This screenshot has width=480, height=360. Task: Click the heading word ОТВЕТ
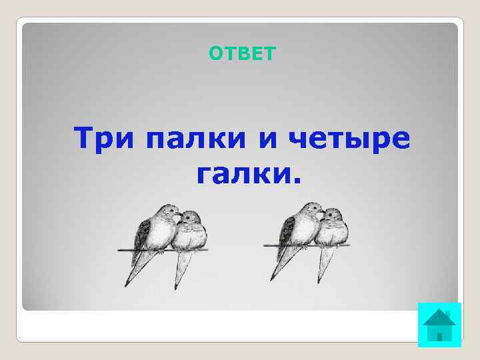pyautogui.click(x=241, y=53)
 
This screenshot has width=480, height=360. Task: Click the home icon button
pyautogui.click(x=439, y=325)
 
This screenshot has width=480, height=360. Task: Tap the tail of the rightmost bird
pyautogui.click(x=325, y=270)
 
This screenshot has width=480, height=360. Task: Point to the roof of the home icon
pyautogui.click(x=439, y=316)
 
